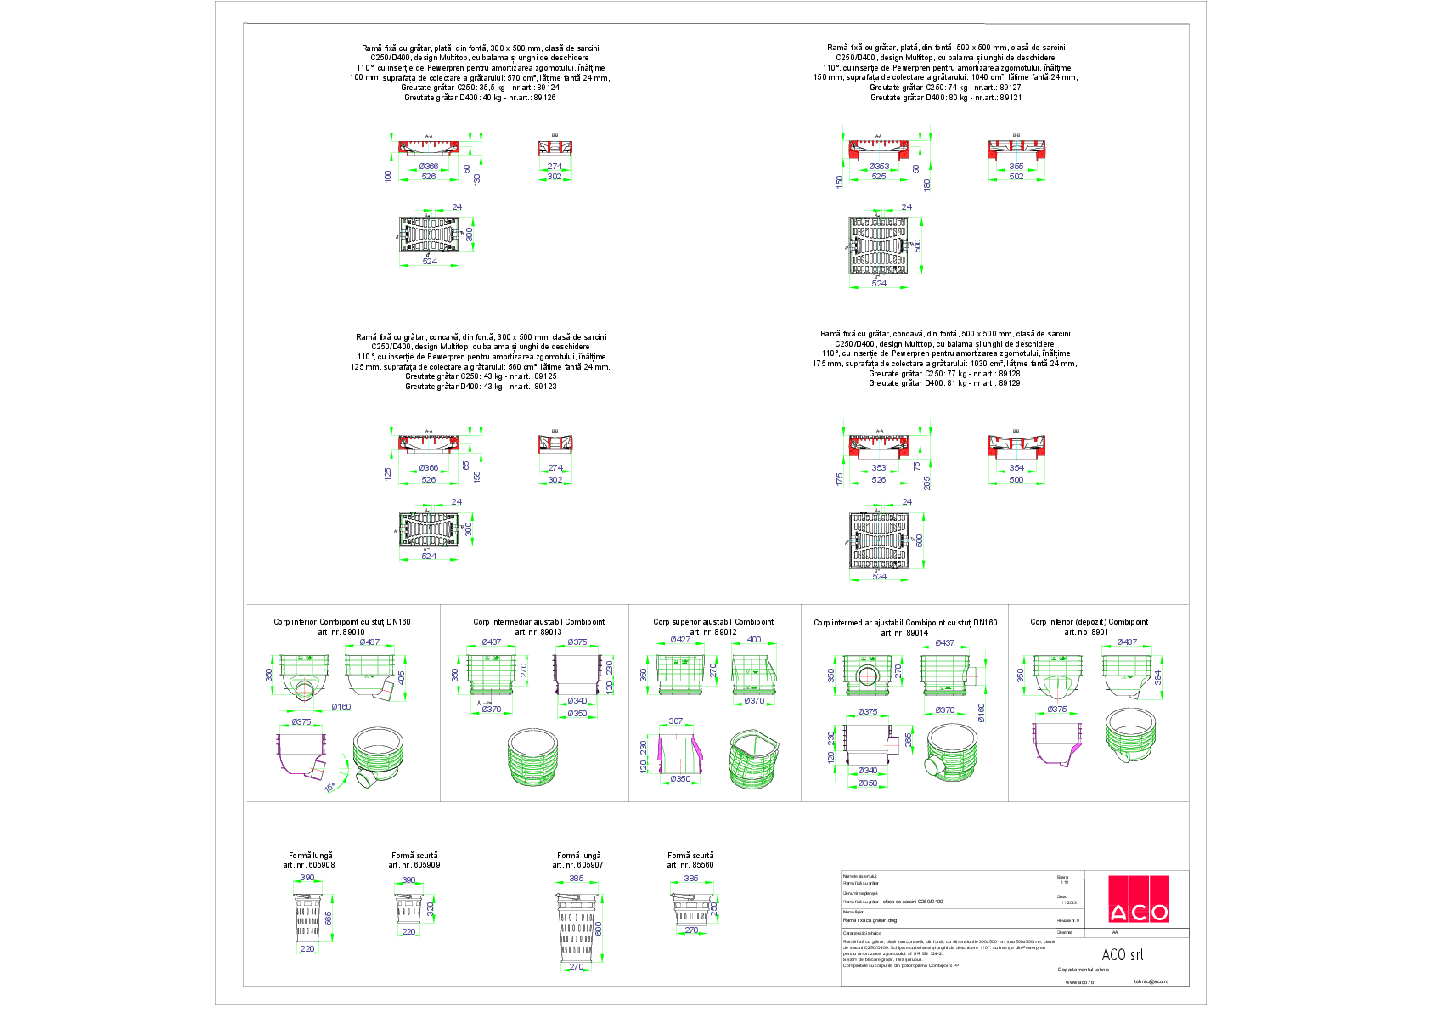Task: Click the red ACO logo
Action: (x=1139, y=899)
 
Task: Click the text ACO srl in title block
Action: (x=1123, y=955)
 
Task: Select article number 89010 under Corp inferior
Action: (x=341, y=632)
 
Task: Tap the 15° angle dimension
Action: (x=329, y=788)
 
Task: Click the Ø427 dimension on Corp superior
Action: (x=679, y=640)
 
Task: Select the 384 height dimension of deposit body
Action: (x=1157, y=677)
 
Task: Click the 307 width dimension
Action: (x=675, y=721)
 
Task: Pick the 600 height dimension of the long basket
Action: (x=599, y=929)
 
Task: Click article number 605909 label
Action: (x=414, y=865)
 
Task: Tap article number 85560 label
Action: (x=690, y=865)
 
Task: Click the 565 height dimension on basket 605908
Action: (x=328, y=919)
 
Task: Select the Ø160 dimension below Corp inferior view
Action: (x=341, y=707)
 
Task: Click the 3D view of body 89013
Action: (x=536, y=759)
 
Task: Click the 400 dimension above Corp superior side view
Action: (x=754, y=640)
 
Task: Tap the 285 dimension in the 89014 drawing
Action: (x=909, y=740)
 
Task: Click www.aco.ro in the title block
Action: (x=1079, y=982)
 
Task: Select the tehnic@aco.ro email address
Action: (x=1151, y=981)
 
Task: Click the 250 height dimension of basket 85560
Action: (x=714, y=907)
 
